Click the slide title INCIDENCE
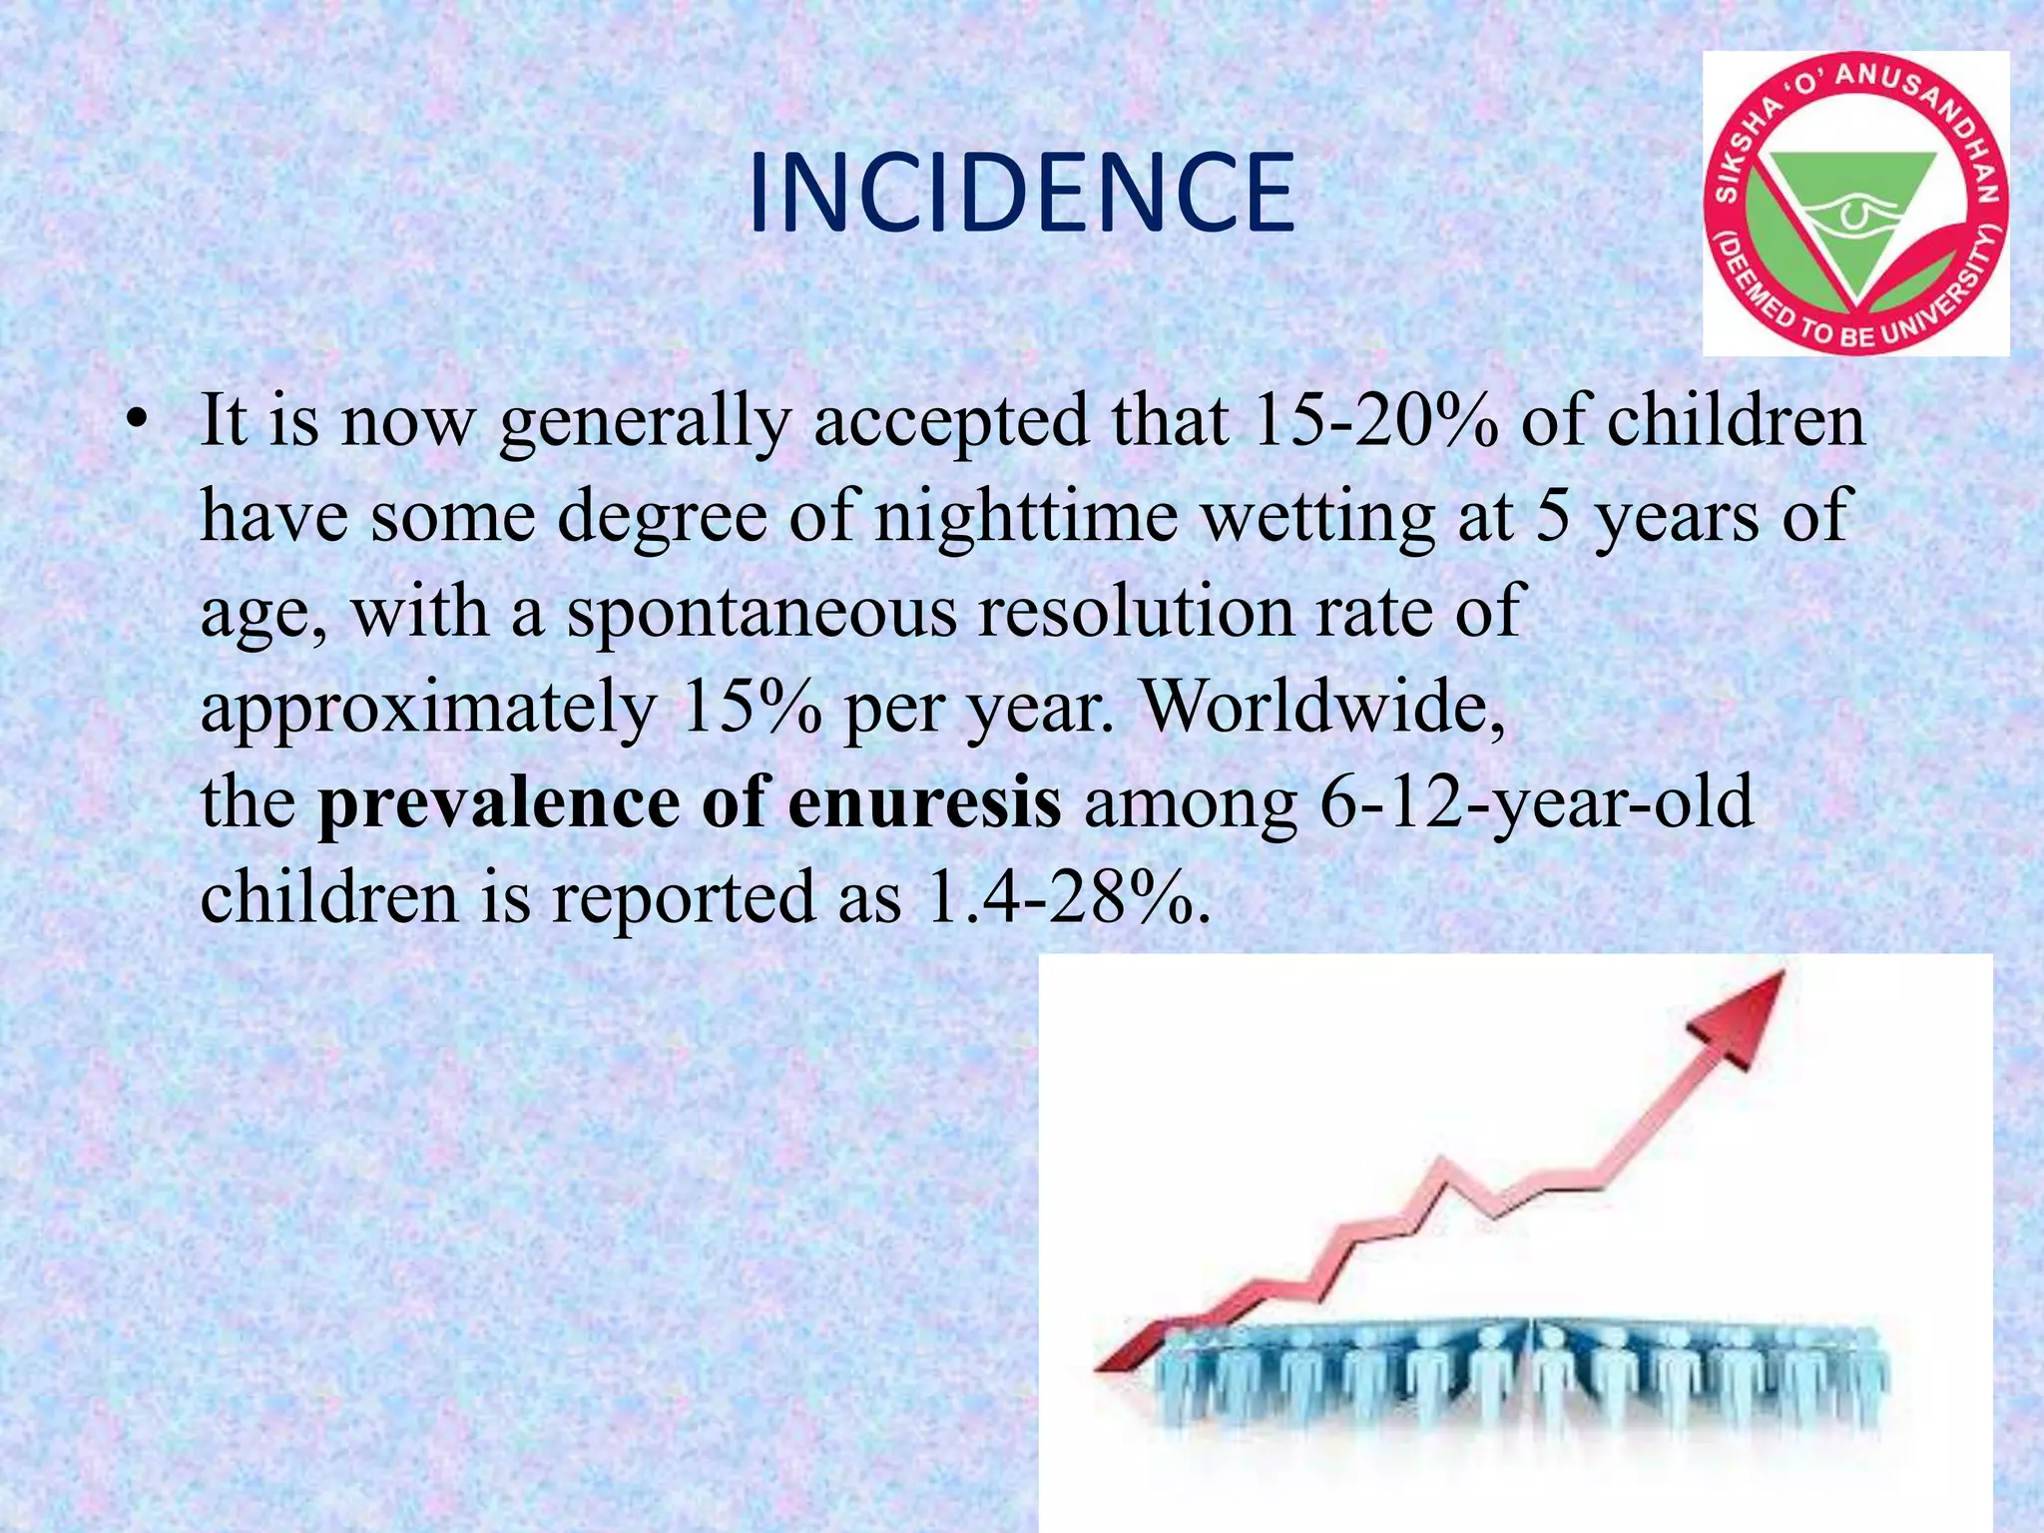pyautogui.click(x=1021, y=195)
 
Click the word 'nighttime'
pyautogui.click(x=1026, y=518)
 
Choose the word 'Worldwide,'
pyautogui.click(x=1322, y=706)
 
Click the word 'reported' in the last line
pyautogui.click(x=684, y=897)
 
